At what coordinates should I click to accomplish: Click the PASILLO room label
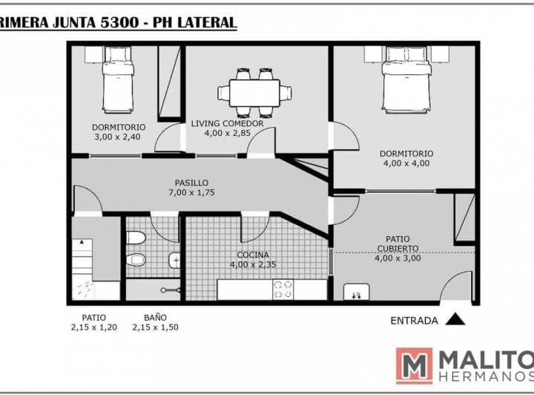click(191, 183)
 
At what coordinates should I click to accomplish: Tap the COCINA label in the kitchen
click(253, 255)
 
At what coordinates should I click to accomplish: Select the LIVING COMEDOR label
click(227, 123)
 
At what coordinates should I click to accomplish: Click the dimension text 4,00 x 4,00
click(406, 163)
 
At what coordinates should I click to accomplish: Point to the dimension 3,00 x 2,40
click(117, 137)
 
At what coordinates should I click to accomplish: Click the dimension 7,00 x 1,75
click(191, 192)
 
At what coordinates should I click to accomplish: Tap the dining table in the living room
click(254, 93)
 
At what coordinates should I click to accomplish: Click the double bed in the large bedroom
click(406, 79)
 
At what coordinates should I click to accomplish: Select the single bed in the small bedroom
click(118, 79)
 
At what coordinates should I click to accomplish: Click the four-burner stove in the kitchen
click(283, 290)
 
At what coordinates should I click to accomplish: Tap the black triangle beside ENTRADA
click(455, 319)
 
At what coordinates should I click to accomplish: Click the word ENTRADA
click(414, 321)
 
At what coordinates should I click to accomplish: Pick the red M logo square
click(414, 366)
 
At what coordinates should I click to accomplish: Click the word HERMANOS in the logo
click(487, 377)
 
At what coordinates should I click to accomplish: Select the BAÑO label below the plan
click(155, 318)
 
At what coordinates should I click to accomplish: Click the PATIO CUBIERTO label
click(398, 244)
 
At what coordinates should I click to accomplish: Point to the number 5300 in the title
click(119, 22)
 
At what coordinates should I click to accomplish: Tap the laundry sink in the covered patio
click(357, 292)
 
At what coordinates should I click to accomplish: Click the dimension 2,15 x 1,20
click(94, 327)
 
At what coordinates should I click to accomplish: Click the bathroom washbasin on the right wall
click(174, 261)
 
